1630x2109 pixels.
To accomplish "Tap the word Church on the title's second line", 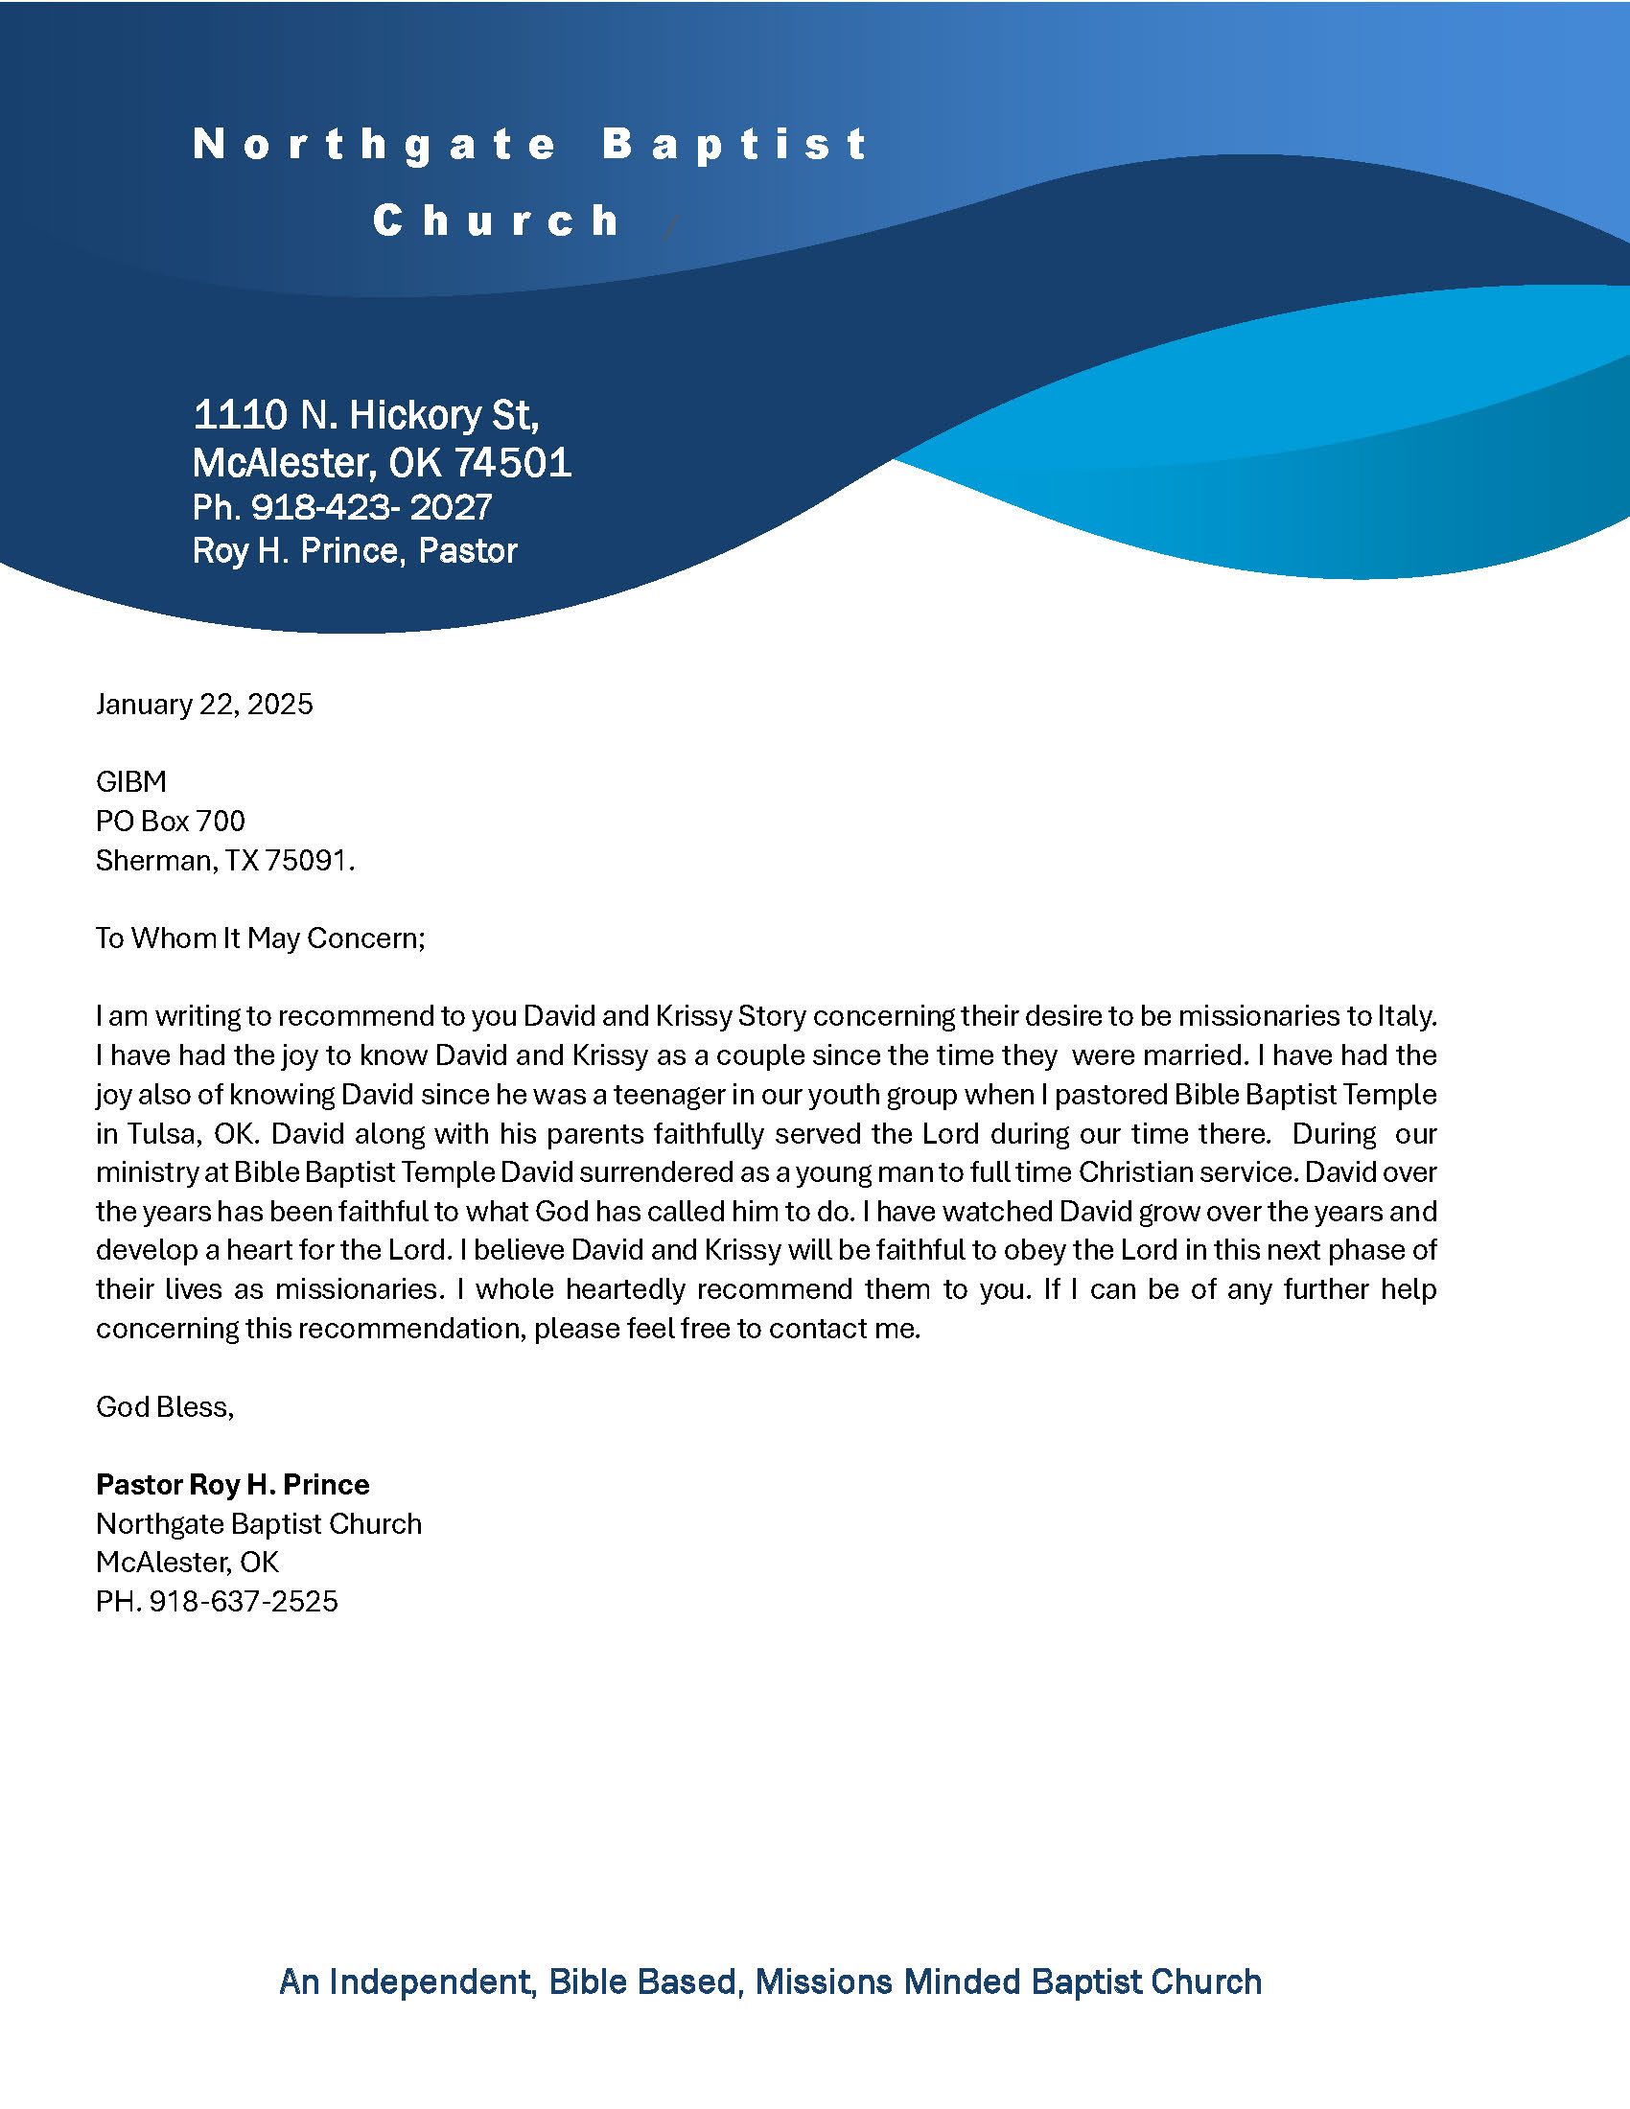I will click(x=497, y=221).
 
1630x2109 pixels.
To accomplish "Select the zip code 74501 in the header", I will click(x=513, y=464).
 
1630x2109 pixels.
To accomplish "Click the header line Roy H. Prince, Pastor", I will click(x=355, y=550).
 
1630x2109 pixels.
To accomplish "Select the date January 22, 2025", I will click(x=203, y=704).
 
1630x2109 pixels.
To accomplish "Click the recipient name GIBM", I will click(x=130, y=781).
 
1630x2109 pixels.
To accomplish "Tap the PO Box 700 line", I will click(x=170, y=821).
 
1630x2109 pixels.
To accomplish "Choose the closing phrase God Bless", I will click(x=163, y=1406).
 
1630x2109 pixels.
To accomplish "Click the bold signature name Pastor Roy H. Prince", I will click(x=232, y=1484).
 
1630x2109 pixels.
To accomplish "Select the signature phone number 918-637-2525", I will click(x=244, y=1601).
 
